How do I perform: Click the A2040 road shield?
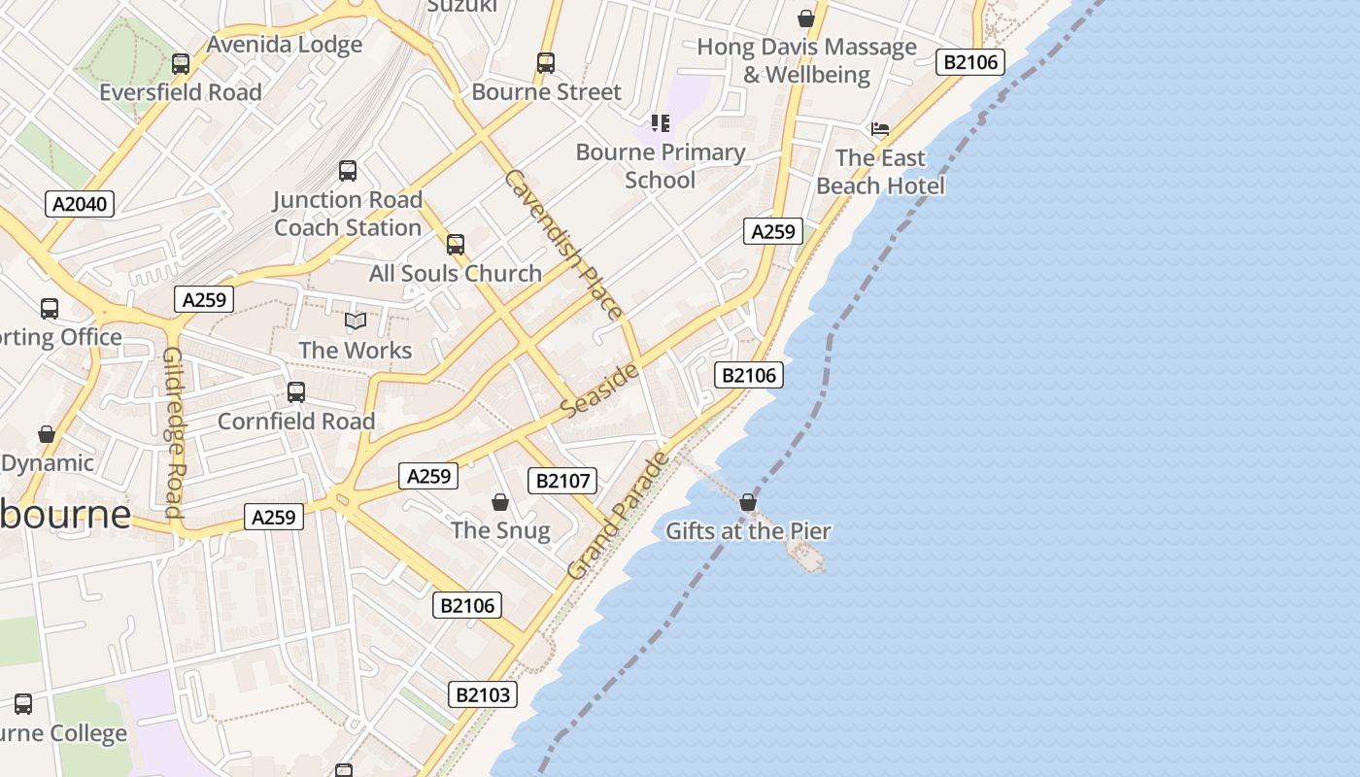click(x=80, y=204)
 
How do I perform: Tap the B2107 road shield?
click(x=562, y=480)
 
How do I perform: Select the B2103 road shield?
click(x=483, y=694)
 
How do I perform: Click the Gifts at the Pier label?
click(x=748, y=531)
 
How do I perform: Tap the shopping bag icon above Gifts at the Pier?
click(x=748, y=502)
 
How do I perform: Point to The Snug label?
click(x=500, y=530)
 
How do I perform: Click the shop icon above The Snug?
click(x=500, y=502)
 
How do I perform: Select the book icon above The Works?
click(x=356, y=321)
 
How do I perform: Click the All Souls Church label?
click(x=455, y=274)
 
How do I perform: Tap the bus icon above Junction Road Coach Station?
click(x=348, y=171)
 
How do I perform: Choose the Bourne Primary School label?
click(x=661, y=166)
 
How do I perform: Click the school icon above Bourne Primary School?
click(x=661, y=123)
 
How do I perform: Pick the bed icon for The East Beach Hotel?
click(x=880, y=128)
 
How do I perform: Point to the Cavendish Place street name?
click(x=563, y=245)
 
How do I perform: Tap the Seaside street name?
click(x=600, y=390)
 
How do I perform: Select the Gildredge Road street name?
click(x=173, y=432)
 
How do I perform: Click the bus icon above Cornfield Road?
click(x=296, y=392)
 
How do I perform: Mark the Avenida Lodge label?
click(x=285, y=45)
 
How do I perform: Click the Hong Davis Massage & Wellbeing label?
click(x=806, y=60)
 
